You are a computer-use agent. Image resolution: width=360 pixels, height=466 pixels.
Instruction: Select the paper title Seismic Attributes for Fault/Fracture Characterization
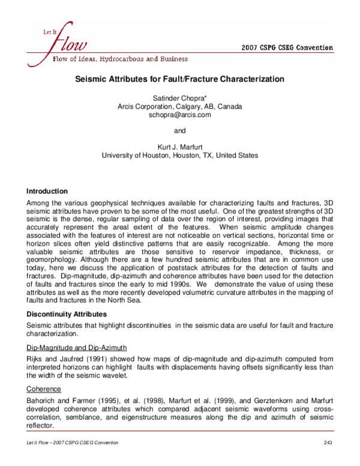click(x=179, y=79)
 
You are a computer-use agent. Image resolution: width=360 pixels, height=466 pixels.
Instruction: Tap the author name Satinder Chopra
click(x=179, y=97)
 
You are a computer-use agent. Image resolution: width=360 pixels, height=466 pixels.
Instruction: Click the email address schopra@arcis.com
click(x=179, y=115)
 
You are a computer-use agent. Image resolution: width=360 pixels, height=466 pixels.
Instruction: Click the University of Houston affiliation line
click(x=179, y=155)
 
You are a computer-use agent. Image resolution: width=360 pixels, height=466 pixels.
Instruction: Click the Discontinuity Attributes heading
click(x=66, y=313)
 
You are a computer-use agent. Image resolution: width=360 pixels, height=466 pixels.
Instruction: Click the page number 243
click(x=326, y=443)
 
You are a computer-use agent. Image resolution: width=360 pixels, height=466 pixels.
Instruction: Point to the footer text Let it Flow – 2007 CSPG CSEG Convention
click(x=73, y=443)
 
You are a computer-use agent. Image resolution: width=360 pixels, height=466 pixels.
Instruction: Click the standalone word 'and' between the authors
click(x=179, y=130)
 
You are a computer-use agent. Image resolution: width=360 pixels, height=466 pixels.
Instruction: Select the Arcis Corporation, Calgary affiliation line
click(x=179, y=106)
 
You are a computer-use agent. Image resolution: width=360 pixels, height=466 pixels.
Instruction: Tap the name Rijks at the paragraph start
click(x=37, y=359)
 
